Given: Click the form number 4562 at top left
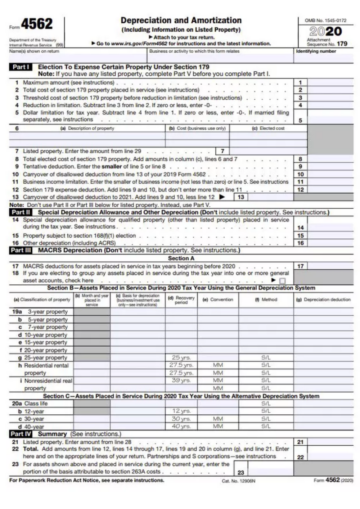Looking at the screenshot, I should coord(37,24).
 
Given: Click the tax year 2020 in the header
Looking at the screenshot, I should coord(325,31).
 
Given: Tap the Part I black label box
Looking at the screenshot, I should coord(21,67).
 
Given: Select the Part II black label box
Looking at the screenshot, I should coord(21,212).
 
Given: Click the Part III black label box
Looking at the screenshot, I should coord(21,250).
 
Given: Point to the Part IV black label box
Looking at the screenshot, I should coord(21,434).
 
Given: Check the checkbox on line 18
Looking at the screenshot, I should coord(283,281).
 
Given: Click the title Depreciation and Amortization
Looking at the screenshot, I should coord(181,21).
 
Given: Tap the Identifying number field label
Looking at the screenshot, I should coord(316,51).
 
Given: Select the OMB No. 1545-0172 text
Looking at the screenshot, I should coord(325,21).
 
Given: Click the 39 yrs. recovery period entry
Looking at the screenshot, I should coord(181,380).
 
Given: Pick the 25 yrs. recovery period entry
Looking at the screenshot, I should coord(181,358).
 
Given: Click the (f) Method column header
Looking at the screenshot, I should coord(266,299).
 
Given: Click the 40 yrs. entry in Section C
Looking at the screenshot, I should coord(181,427).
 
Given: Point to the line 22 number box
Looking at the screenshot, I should coord(300,457).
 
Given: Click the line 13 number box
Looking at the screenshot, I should coord(241,197).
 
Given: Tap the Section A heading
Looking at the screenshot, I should coord(181,258).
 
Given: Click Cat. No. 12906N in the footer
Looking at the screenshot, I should coord(238,481).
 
